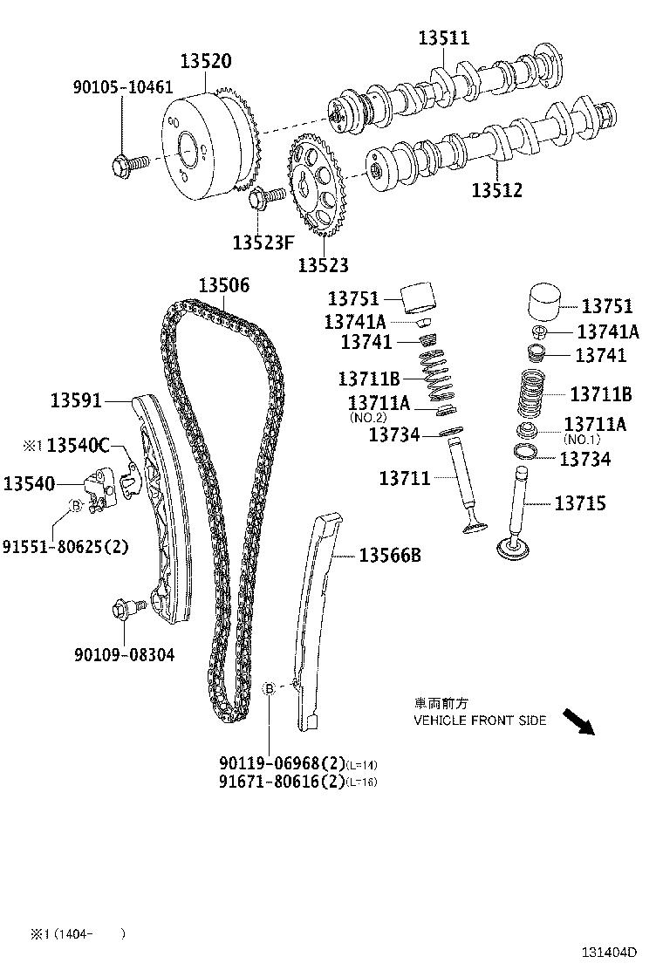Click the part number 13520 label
tap(206, 61)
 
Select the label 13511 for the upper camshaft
tap(443, 38)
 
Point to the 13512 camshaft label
tap(497, 189)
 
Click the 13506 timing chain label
tap(223, 285)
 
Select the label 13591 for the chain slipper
tap(76, 400)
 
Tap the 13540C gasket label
tap(78, 446)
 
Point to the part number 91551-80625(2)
tap(65, 547)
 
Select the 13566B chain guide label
tap(390, 555)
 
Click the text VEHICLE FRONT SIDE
tap(480, 720)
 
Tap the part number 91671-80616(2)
tap(281, 782)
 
